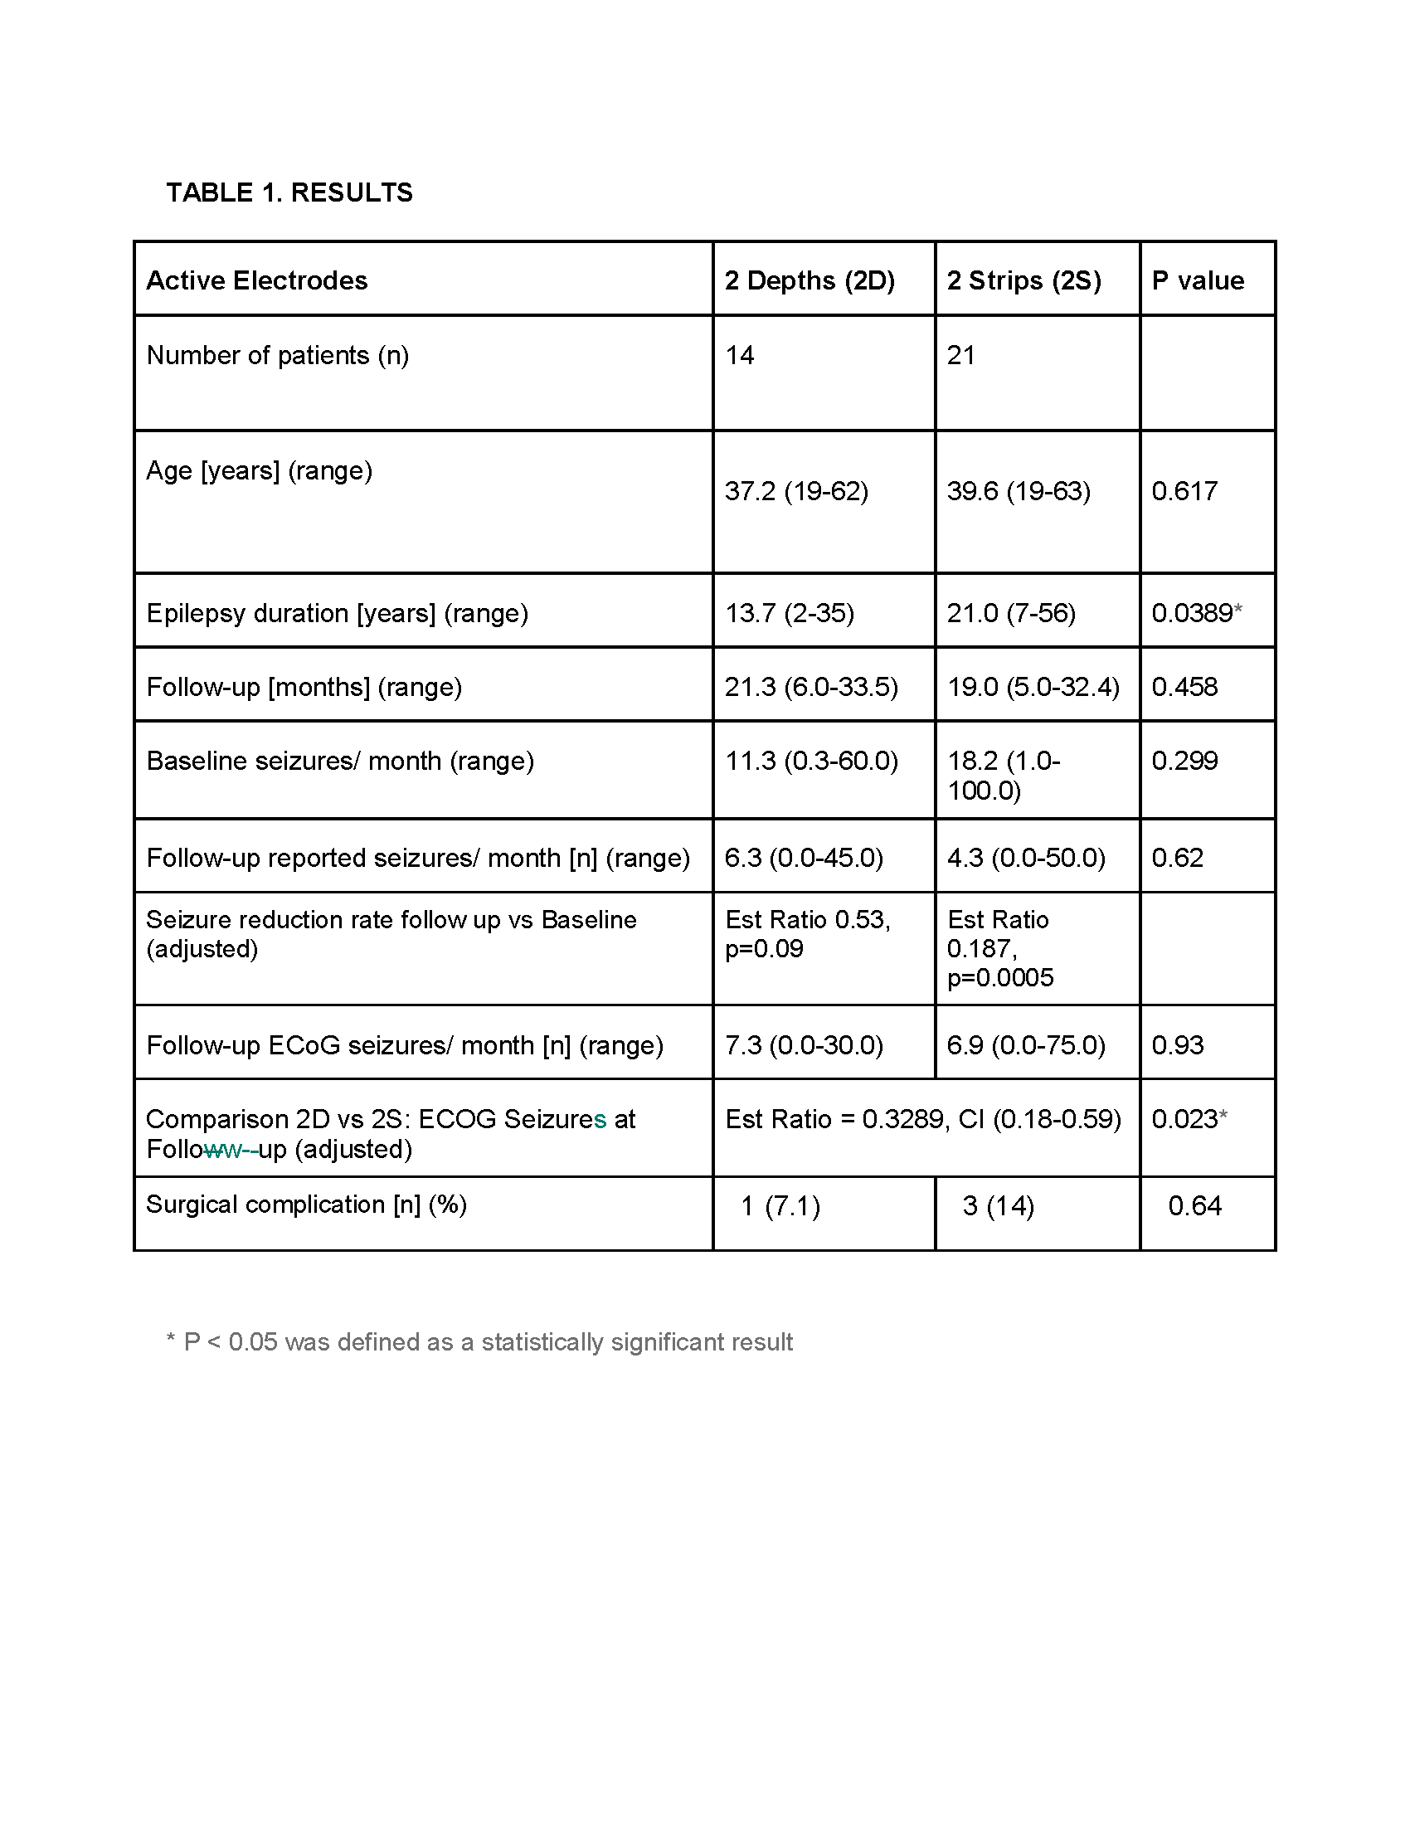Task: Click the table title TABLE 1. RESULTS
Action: click(289, 192)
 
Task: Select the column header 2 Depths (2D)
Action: click(809, 280)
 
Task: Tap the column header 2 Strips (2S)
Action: click(1023, 280)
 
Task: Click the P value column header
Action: click(1197, 280)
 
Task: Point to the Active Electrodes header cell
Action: click(256, 280)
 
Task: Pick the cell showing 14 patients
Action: click(739, 355)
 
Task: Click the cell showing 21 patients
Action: click(960, 355)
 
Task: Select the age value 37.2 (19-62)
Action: click(796, 490)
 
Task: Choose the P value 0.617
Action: click(1184, 490)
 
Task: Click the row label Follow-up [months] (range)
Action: click(304, 687)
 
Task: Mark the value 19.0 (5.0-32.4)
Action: click(1033, 687)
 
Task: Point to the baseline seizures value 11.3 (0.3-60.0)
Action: click(810, 761)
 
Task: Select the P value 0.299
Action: click(1184, 761)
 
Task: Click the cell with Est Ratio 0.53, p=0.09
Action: click(807, 934)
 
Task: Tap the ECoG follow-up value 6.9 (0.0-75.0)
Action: click(1025, 1044)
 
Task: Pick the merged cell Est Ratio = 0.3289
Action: click(922, 1119)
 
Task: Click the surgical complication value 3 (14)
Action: click(997, 1206)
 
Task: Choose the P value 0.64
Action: click(1194, 1206)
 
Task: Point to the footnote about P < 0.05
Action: click(479, 1342)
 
